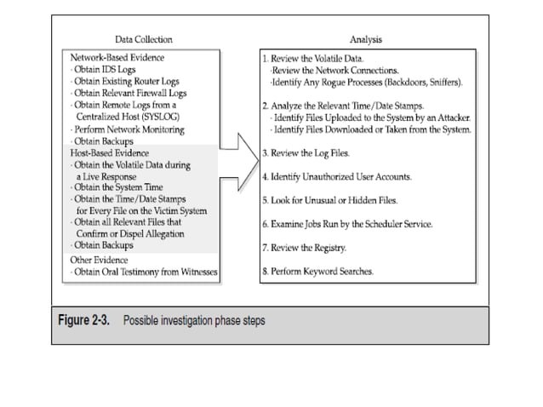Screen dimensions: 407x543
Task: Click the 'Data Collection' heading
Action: click(143, 39)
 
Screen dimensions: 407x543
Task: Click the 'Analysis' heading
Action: click(366, 39)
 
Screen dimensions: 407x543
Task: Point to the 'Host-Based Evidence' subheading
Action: click(108, 152)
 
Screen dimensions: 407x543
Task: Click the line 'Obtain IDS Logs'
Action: click(108, 69)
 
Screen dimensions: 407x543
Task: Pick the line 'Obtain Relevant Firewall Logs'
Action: click(130, 93)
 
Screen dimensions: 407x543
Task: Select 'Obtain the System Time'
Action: click(119, 187)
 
